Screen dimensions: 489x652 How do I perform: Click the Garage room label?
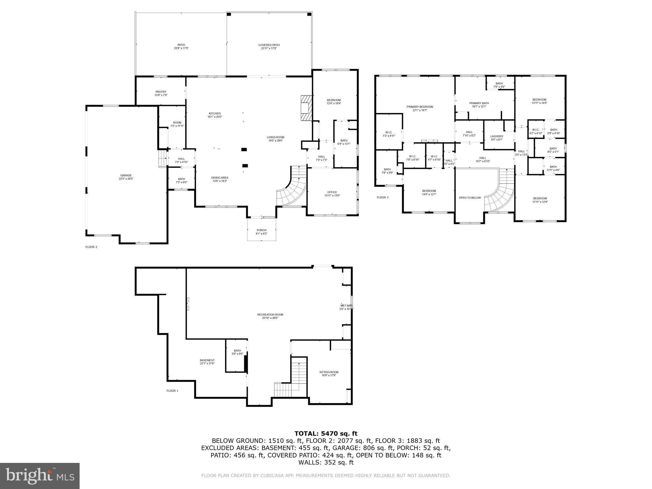[x=126, y=177]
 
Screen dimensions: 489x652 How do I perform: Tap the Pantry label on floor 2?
[x=161, y=93]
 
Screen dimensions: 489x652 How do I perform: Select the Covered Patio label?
[x=269, y=46]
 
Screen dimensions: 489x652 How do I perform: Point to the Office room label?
[x=332, y=194]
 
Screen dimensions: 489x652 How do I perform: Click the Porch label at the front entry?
[x=261, y=232]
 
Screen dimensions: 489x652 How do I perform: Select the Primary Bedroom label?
[x=420, y=108]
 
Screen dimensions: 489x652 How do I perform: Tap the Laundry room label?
[x=497, y=138]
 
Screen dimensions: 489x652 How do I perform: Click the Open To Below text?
[x=470, y=198]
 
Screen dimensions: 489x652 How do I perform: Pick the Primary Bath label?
[x=479, y=104]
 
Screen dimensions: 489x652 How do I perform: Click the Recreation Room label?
[x=270, y=316]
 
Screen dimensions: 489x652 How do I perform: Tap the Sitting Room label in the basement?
[x=329, y=373]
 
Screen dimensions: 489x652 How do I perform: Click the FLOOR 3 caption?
[x=382, y=197]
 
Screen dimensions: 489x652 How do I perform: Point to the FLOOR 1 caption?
[x=172, y=391]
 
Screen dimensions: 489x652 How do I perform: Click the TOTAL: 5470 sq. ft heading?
[x=326, y=433]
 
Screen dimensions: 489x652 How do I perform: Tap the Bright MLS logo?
[x=40, y=476]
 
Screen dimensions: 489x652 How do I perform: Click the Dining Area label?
[x=220, y=179]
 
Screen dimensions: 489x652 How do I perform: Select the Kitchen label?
[x=215, y=115]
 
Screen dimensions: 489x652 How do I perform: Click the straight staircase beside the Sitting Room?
[x=299, y=372]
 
